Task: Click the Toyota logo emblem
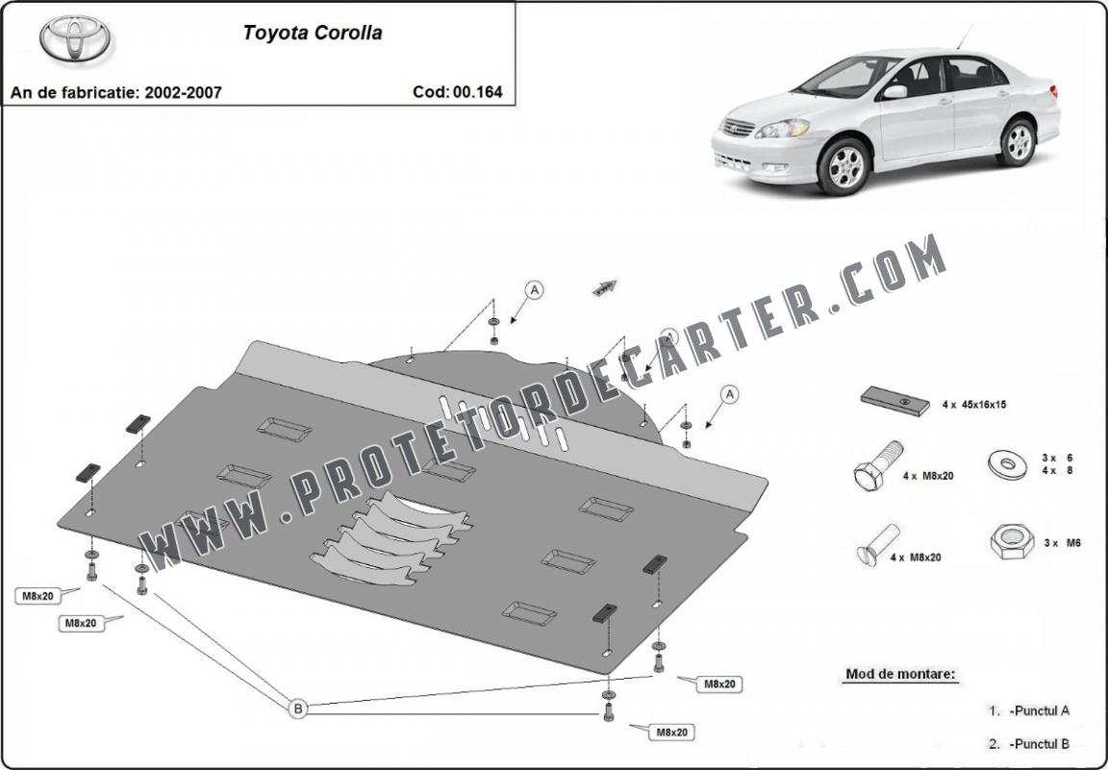pyautogui.click(x=75, y=37)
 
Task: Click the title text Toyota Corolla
pyautogui.click(x=313, y=34)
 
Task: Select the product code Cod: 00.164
pyautogui.click(x=458, y=92)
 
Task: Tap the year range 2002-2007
pyautogui.click(x=183, y=92)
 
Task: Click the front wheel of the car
pyautogui.click(x=844, y=166)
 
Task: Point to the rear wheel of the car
pyautogui.click(x=1019, y=142)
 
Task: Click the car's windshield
pyautogui.click(x=844, y=76)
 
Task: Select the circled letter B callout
pyautogui.click(x=298, y=708)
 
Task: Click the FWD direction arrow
pyautogui.click(x=605, y=286)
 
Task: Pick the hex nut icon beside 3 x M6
pyautogui.click(x=1012, y=542)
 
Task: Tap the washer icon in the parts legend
pyautogui.click(x=1008, y=463)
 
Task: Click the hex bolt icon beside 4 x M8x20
pyautogui.click(x=878, y=466)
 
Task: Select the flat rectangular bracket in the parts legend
pyautogui.click(x=894, y=401)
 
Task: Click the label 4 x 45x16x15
pyautogui.click(x=973, y=405)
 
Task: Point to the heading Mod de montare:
pyautogui.click(x=900, y=674)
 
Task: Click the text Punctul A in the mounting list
pyautogui.click(x=1040, y=710)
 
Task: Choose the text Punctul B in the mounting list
pyautogui.click(x=1040, y=743)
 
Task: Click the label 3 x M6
pyautogui.click(x=1062, y=542)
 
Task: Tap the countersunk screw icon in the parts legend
pyautogui.click(x=877, y=545)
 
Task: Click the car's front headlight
pyautogui.click(x=782, y=129)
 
